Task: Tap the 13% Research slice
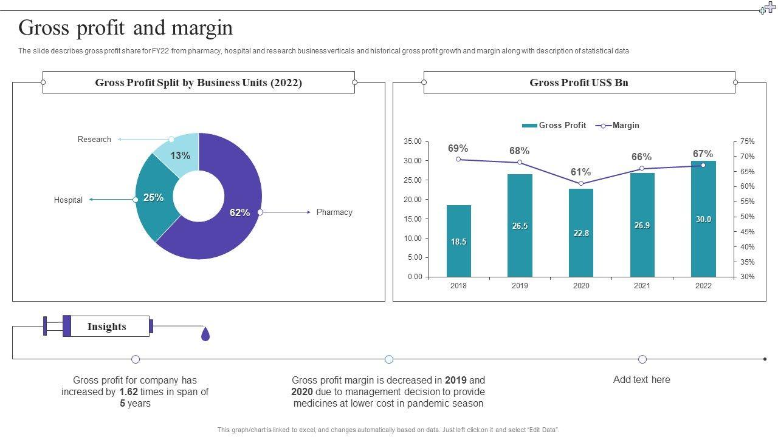click(179, 155)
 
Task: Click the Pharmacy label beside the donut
click(334, 212)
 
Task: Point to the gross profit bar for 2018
click(458, 241)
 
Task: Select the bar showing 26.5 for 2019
click(520, 225)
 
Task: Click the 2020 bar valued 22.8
click(581, 232)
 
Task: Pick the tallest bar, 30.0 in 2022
click(703, 218)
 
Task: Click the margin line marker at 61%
click(581, 183)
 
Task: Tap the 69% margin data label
click(458, 149)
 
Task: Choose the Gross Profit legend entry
click(554, 126)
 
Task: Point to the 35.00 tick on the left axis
click(413, 141)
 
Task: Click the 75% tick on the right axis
click(747, 141)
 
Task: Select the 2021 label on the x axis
click(642, 286)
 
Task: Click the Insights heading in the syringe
click(107, 327)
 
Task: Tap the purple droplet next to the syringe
click(205, 334)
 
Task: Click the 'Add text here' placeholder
click(641, 380)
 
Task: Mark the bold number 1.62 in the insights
click(129, 392)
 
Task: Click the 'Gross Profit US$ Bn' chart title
click(579, 83)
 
